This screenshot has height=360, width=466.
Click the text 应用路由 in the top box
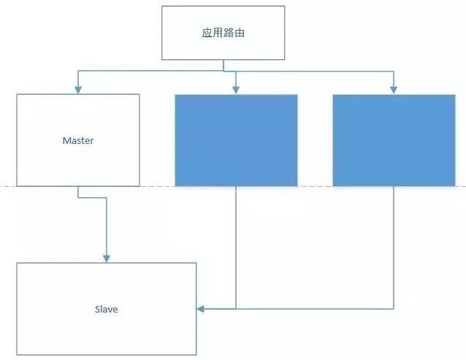click(x=224, y=33)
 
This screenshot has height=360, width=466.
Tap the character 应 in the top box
click(x=207, y=33)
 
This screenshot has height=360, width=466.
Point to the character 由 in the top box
click(x=240, y=33)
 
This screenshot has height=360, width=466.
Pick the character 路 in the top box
click(x=229, y=33)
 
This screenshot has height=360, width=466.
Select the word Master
click(x=78, y=140)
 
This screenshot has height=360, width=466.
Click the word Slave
click(x=106, y=309)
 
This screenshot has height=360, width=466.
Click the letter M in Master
click(x=66, y=140)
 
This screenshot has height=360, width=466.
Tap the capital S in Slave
click(x=97, y=309)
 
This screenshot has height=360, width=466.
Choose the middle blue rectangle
click(x=236, y=140)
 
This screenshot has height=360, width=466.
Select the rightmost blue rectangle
click(x=394, y=140)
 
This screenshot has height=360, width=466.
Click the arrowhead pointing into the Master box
click(x=78, y=90)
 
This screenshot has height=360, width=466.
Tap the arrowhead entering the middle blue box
click(x=236, y=90)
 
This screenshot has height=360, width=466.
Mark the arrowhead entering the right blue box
click(x=394, y=90)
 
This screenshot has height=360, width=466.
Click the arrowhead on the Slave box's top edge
click(x=107, y=258)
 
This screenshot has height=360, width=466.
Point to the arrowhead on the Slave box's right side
click(x=200, y=309)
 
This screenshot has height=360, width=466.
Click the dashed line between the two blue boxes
click(x=315, y=186)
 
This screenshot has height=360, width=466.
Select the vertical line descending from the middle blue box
click(x=236, y=248)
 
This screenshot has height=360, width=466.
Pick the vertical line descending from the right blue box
click(x=394, y=248)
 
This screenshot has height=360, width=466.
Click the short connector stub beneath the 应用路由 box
click(x=224, y=65)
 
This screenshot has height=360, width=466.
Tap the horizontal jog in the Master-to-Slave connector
click(x=92, y=197)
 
